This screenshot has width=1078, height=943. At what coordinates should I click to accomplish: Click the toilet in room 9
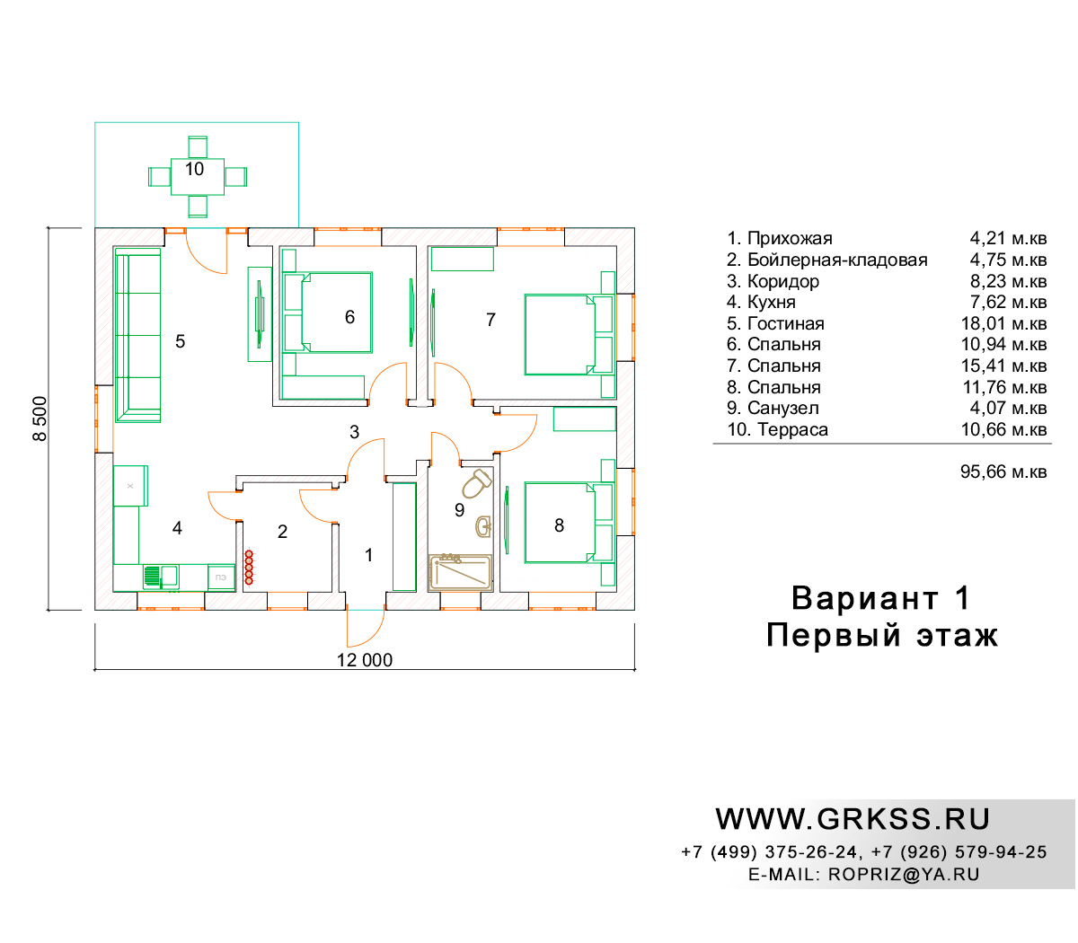[x=476, y=483]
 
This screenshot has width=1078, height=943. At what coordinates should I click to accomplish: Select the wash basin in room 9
[x=483, y=526]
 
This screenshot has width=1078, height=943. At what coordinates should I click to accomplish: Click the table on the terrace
[x=198, y=177]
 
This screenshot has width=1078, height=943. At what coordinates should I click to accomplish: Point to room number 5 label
[x=181, y=341]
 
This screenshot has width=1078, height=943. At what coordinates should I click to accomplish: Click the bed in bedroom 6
[x=328, y=313]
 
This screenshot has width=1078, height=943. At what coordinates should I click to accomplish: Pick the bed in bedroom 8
[x=569, y=523]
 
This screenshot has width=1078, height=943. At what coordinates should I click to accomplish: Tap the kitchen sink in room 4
[x=161, y=577]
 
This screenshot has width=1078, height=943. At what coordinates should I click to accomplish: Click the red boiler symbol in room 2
[x=249, y=568]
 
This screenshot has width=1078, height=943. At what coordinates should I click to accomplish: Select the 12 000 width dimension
[x=365, y=660]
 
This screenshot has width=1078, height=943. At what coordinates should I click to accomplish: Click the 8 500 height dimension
[x=40, y=419]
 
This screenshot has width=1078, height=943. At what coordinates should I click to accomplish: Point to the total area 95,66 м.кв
[x=1003, y=471]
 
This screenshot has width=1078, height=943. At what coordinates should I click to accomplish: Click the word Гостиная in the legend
[x=785, y=323]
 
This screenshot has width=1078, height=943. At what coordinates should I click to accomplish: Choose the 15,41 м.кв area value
[x=1003, y=366]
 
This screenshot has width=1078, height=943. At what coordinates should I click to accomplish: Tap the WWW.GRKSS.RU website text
[x=853, y=819]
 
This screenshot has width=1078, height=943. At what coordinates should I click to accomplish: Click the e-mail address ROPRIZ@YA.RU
[x=904, y=875]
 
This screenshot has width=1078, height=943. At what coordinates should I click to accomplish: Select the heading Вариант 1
[x=880, y=598]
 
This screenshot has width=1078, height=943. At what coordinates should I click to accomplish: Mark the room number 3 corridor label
[x=355, y=432]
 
